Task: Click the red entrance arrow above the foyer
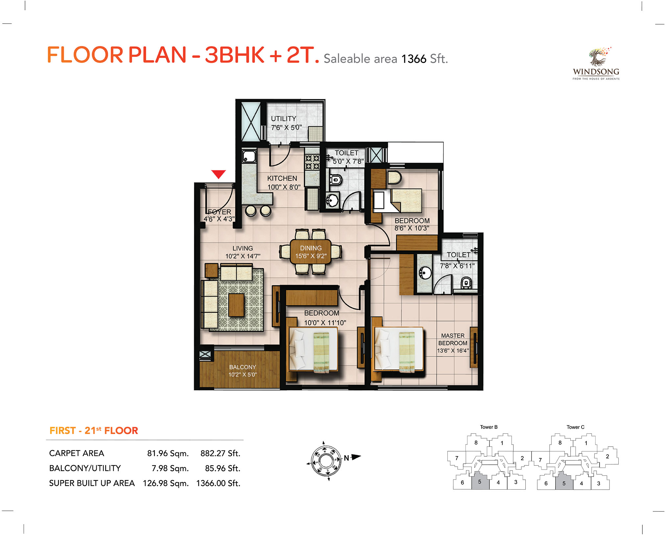click(218, 174)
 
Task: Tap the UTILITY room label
click(283, 119)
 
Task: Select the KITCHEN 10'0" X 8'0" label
click(283, 182)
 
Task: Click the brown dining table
click(311, 252)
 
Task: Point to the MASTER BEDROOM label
click(453, 339)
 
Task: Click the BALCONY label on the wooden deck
click(243, 367)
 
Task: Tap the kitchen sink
click(249, 156)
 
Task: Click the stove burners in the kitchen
click(312, 162)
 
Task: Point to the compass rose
click(326, 461)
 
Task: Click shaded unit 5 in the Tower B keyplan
click(480, 481)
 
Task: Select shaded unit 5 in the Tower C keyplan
click(564, 481)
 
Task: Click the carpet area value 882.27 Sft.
click(220, 453)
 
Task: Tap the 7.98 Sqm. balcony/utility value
click(170, 468)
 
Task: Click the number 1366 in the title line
click(414, 59)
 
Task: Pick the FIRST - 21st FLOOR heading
click(94, 430)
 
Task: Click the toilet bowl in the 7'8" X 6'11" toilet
click(465, 283)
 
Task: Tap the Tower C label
click(575, 427)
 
